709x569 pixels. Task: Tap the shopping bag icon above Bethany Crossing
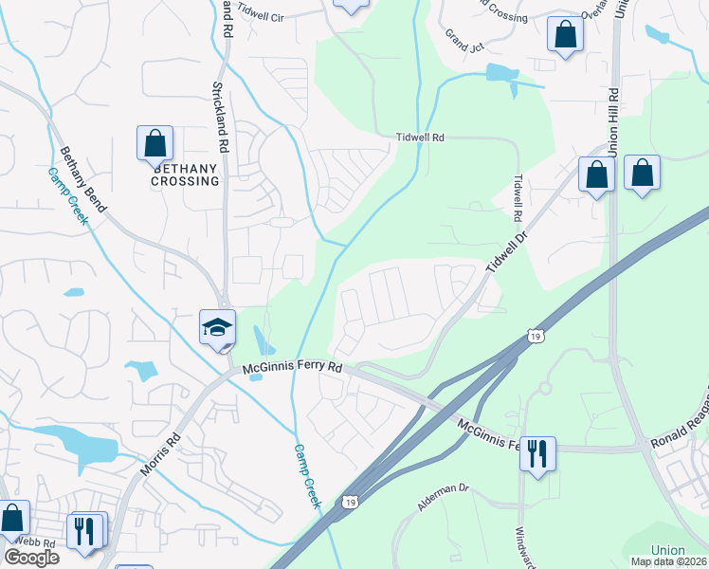click(x=155, y=143)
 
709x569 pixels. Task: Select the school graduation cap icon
click(x=217, y=327)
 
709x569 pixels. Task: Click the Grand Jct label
click(x=465, y=40)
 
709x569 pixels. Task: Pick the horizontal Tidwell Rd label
click(x=420, y=138)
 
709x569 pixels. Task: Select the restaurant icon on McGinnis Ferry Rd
click(x=537, y=453)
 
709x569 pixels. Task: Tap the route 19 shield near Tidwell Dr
click(x=536, y=336)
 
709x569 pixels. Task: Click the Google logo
click(x=31, y=558)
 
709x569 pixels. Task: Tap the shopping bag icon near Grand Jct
click(x=565, y=36)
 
